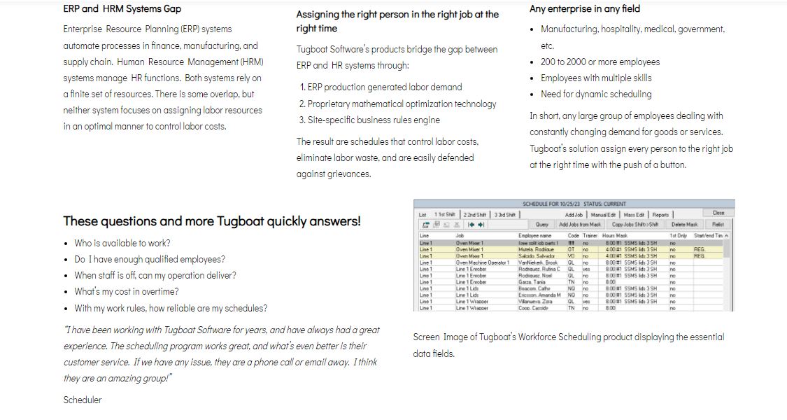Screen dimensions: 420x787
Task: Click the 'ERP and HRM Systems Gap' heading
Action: click(122, 9)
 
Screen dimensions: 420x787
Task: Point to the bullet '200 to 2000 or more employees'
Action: click(600, 62)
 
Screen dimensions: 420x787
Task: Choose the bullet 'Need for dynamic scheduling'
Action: click(596, 94)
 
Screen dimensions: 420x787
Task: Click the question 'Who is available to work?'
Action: click(122, 244)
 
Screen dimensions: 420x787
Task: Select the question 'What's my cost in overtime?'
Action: click(127, 292)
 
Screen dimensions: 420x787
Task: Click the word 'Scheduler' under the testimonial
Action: click(83, 400)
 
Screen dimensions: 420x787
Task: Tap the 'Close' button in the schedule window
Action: click(718, 213)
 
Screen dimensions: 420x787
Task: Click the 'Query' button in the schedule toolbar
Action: click(541, 225)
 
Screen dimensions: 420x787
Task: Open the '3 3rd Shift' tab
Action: click(505, 215)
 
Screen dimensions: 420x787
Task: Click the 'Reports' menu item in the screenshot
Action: click(660, 215)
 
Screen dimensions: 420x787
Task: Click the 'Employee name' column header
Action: click(535, 236)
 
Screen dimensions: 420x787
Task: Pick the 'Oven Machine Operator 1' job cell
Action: click(482, 262)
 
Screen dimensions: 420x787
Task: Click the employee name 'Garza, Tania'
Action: click(532, 282)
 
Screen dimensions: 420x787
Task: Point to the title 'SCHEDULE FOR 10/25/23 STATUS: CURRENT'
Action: click(574, 204)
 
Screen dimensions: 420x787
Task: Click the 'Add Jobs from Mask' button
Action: click(580, 225)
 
